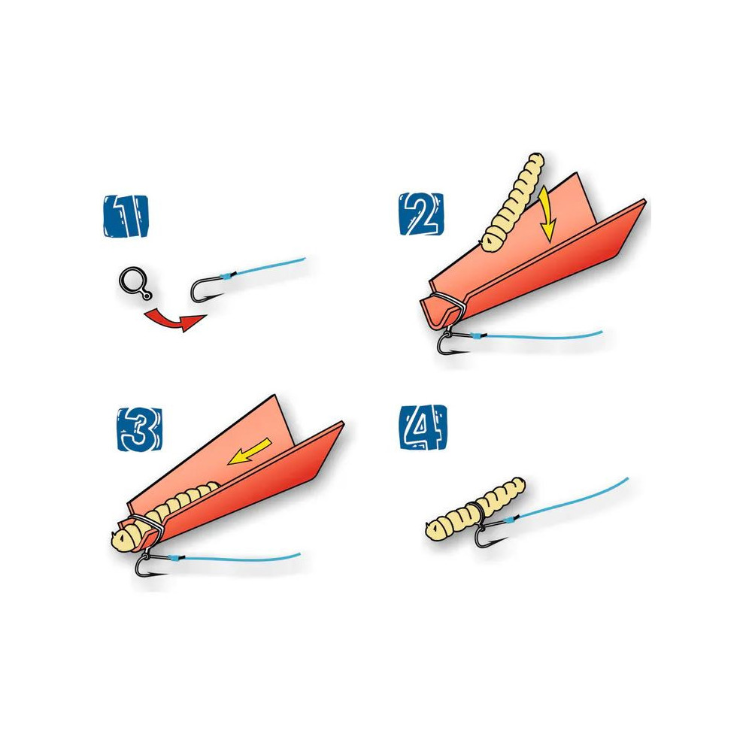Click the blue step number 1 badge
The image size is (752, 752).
click(126, 217)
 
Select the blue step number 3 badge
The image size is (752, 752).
click(140, 429)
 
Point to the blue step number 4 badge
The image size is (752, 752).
click(423, 428)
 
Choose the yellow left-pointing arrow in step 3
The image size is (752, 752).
click(250, 451)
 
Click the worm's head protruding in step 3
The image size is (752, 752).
click(126, 539)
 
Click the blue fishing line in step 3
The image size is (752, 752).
click(235, 557)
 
